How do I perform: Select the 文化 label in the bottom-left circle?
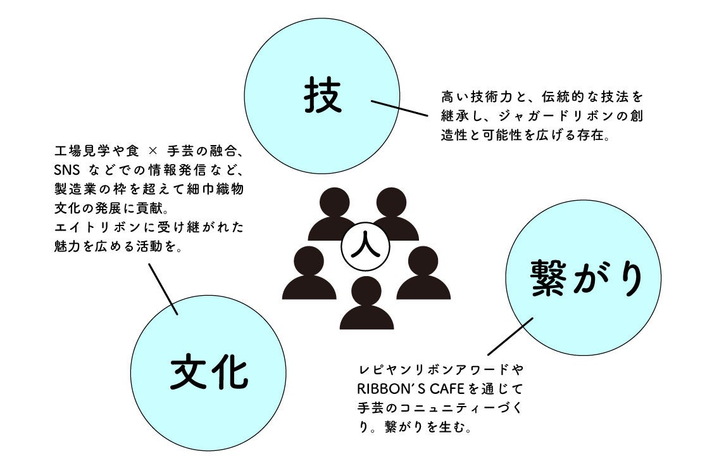pyautogui.click(x=208, y=372)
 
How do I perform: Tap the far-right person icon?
pyautogui.click(x=423, y=274)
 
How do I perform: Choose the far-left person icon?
pyautogui.click(x=309, y=274)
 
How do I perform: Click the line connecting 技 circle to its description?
pyautogui.click(x=398, y=108)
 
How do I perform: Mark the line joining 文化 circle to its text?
pyautogui.click(x=163, y=288)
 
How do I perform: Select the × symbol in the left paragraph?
pyautogui.click(x=151, y=152)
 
